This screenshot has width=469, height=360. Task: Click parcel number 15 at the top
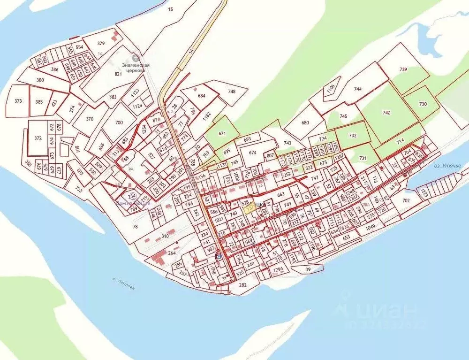(x=170, y=9)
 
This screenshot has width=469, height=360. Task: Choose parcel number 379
(x=101, y=43)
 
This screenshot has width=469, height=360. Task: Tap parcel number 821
(x=118, y=74)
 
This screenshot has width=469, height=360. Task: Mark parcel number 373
(x=18, y=101)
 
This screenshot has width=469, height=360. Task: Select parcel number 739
(x=403, y=69)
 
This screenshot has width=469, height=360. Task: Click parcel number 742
(x=386, y=113)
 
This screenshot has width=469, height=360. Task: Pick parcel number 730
(x=423, y=104)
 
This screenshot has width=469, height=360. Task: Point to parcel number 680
(x=305, y=123)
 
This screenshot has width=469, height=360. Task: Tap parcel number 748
(x=232, y=92)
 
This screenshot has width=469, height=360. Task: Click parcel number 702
(x=405, y=200)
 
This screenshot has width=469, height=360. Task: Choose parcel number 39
(x=308, y=269)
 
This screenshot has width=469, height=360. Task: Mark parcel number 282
(x=242, y=285)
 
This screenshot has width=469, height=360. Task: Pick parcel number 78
(x=136, y=227)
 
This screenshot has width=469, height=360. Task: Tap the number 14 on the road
(x=191, y=53)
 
